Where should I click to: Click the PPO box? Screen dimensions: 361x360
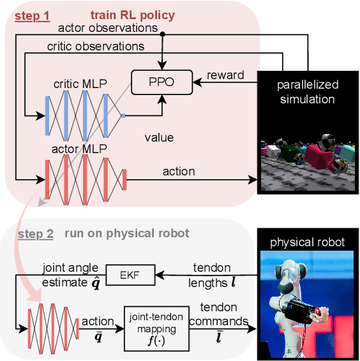[161, 82]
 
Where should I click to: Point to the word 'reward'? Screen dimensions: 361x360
[225, 75]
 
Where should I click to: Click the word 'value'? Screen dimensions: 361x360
[159, 137]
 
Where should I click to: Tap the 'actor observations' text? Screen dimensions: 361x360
[108, 27]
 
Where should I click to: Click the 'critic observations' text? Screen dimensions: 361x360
[96, 47]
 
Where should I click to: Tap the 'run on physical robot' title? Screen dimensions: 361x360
[127, 233]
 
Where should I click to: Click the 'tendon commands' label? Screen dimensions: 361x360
[222, 315]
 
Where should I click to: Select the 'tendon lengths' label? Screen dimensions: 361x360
[216, 274]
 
